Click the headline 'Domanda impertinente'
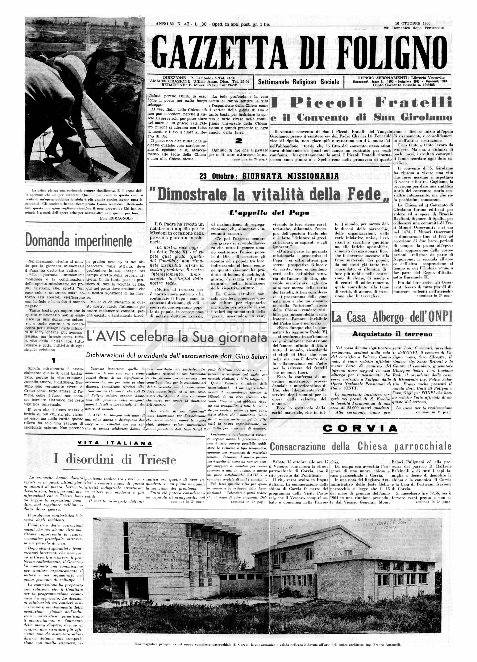(x=79, y=241)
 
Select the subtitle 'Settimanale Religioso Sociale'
(x=298, y=82)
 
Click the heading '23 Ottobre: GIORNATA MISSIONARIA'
(x=269, y=176)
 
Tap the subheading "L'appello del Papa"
(x=269, y=213)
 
